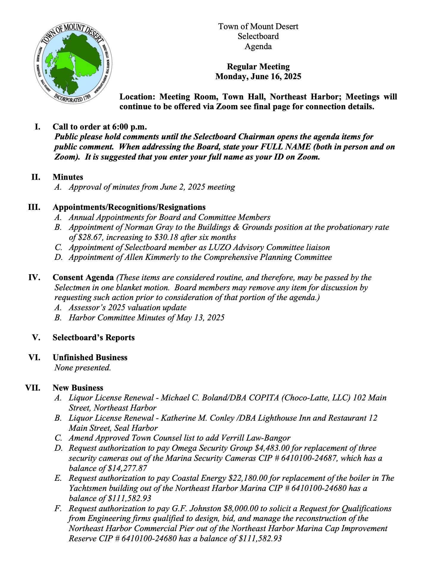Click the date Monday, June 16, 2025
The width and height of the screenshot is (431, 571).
[258, 77]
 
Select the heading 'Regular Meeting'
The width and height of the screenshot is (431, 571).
[258, 66]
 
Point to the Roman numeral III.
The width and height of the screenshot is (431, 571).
[34, 207]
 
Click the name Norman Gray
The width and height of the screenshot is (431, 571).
[144, 227]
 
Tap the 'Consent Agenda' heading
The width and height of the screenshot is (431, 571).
[83, 277]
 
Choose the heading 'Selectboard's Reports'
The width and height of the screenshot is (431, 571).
[93, 338]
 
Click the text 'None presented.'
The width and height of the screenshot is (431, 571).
[83, 368]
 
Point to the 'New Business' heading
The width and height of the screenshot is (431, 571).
[78, 388]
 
